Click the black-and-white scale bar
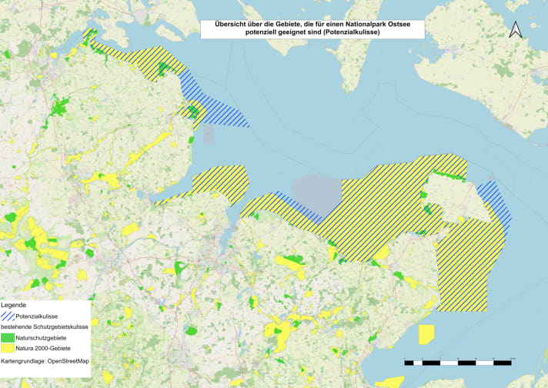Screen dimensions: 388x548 click(x=459, y=361)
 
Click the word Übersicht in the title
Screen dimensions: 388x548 click(x=225, y=24)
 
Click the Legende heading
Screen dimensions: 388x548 click(x=14, y=306)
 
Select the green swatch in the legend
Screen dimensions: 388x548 click(x=8, y=338)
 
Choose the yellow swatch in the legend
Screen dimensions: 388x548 click(x=8, y=349)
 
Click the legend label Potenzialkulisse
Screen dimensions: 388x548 click(x=38, y=316)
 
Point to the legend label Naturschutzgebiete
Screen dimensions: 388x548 click(x=42, y=338)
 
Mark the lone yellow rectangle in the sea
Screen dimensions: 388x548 click(x=426, y=334)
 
